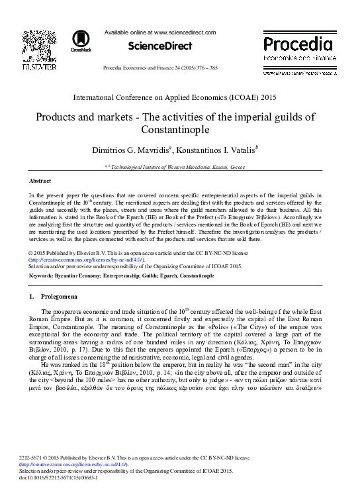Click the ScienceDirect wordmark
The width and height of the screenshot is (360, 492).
pos(160,46)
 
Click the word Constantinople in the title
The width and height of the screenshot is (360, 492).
pos(180,129)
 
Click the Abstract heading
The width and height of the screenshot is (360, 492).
pos(40,181)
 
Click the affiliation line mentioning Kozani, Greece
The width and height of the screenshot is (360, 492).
pos(179,168)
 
